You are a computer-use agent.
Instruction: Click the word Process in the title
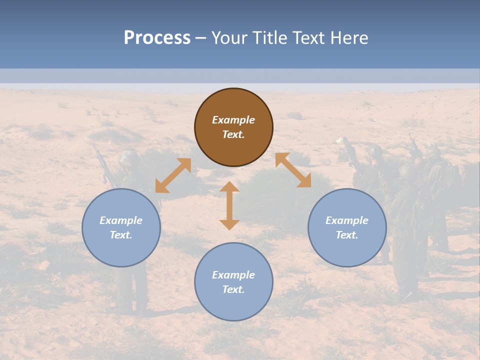point(157,38)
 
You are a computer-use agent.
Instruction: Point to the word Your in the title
point(228,38)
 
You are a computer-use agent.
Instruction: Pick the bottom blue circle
point(233,305)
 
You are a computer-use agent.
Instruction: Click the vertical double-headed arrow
point(229,205)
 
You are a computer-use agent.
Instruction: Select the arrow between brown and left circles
point(173,175)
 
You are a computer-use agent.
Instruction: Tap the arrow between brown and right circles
point(293,170)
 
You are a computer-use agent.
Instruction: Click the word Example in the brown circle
point(233,120)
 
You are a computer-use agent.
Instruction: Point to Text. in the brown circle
point(233,134)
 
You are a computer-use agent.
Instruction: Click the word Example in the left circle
point(121,220)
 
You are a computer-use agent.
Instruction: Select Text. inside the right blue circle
point(347,235)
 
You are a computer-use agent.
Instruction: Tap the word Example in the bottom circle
point(233,275)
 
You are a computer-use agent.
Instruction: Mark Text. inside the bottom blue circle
point(233,289)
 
